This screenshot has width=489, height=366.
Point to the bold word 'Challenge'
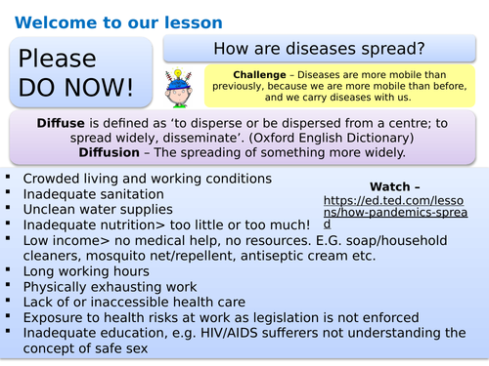click(x=261, y=75)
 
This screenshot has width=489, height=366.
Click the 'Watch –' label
click(x=396, y=186)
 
